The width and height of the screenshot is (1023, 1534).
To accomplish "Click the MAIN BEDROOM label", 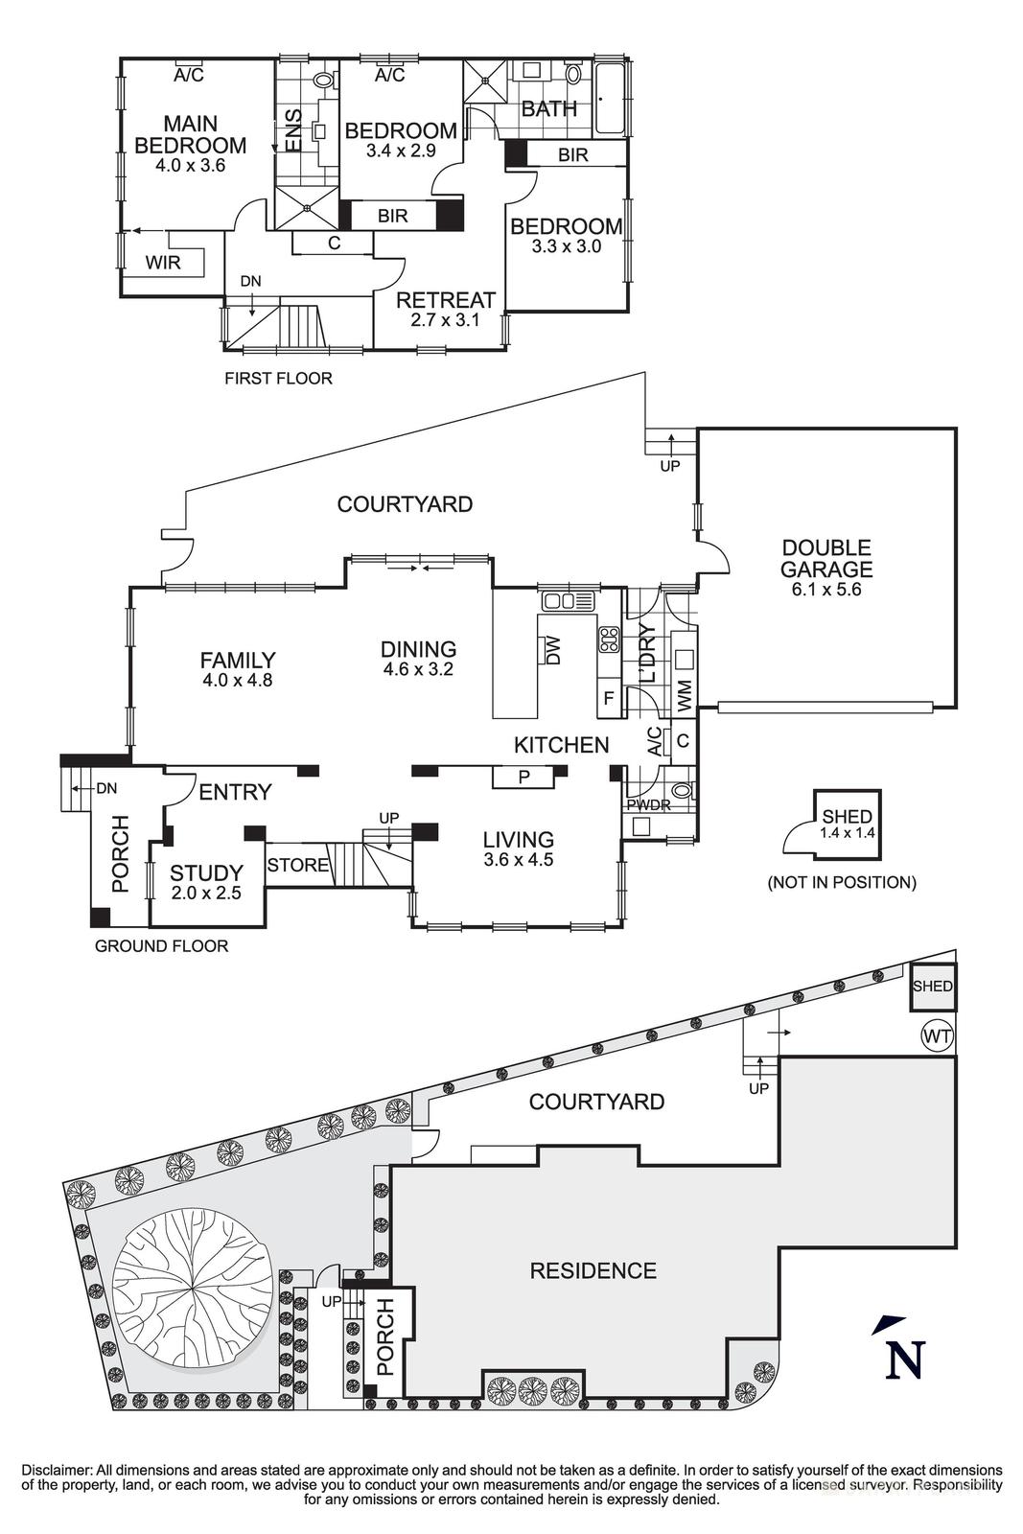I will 190,134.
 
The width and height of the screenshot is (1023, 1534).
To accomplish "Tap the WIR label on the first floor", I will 163,262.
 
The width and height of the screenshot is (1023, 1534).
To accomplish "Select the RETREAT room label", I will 446,300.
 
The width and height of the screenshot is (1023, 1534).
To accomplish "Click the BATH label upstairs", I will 548,109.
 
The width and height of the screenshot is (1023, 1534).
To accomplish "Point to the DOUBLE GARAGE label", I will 825,558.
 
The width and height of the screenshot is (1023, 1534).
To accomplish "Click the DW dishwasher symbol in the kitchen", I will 551,651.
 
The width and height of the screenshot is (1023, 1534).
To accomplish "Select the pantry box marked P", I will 523,777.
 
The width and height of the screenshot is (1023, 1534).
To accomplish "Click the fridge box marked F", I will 608,698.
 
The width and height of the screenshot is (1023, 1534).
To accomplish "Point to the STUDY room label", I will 206,873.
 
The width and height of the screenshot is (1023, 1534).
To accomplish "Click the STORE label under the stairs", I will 297,866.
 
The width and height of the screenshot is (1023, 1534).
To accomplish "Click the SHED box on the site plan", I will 932,987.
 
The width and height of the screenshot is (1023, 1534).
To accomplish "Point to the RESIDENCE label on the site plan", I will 593,1270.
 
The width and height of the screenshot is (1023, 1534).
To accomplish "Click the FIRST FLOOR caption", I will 278,379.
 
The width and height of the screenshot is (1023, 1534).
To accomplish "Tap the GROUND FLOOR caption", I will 161,946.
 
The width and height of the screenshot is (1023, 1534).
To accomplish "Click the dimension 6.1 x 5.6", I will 825,590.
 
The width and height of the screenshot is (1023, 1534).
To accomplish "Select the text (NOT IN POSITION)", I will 841,882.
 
